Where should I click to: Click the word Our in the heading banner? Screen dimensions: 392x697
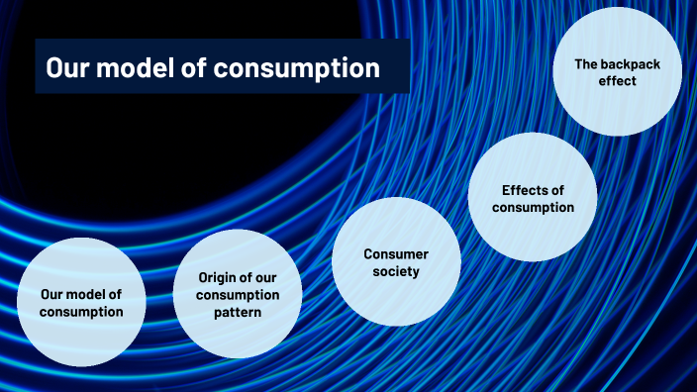tap(67, 67)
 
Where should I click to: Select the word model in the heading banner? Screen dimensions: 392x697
tap(138, 67)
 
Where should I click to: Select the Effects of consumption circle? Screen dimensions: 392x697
tap(533, 198)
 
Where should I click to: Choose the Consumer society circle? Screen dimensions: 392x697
tap(396, 262)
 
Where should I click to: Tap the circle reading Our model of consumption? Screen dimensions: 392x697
tap(81, 302)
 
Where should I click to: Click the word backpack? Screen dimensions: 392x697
tap(632, 63)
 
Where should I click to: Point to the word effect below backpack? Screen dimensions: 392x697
tap(617, 81)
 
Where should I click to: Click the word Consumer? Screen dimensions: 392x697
tap(396, 253)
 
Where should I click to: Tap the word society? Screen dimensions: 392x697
tap(396, 271)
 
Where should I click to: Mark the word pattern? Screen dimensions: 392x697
tap(238, 313)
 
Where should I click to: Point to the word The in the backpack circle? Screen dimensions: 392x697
tap(586, 63)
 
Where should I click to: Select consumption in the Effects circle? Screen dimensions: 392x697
tap(533, 208)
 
